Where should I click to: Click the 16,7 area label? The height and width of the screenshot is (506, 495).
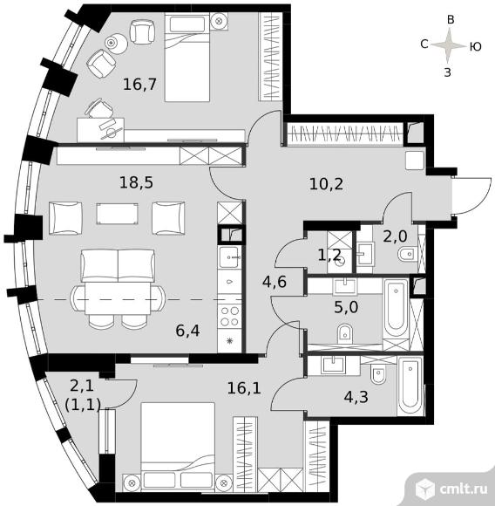[x=139, y=85]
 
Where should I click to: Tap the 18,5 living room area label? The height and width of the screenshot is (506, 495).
[x=136, y=182]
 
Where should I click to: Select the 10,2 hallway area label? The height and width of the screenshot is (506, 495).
[x=326, y=184]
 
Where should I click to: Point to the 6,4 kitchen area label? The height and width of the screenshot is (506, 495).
[x=187, y=331]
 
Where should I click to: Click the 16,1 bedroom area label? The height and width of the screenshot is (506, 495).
[x=244, y=388]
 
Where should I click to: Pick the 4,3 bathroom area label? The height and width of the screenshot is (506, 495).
[x=356, y=397]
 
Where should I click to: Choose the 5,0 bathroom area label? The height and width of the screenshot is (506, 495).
[x=346, y=307]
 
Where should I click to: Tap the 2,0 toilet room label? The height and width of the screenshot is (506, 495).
[x=395, y=237]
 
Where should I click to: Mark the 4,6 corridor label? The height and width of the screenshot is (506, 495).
[x=275, y=282]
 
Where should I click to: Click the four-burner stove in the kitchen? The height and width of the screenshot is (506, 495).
[x=229, y=317]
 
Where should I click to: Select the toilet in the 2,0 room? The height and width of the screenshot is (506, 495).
[x=407, y=254]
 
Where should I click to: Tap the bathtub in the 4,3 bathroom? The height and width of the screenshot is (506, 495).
[x=410, y=386]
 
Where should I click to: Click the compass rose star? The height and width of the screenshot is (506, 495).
[x=447, y=45]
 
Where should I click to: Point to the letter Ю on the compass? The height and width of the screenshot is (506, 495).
[x=475, y=47]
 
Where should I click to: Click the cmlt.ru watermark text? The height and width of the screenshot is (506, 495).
[x=464, y=489]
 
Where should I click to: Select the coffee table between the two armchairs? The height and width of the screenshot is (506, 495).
[x=118, y=214]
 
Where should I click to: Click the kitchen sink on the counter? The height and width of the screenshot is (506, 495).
[x=228, y=256]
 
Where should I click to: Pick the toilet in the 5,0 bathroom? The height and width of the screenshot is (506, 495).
[x=345, y=333]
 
